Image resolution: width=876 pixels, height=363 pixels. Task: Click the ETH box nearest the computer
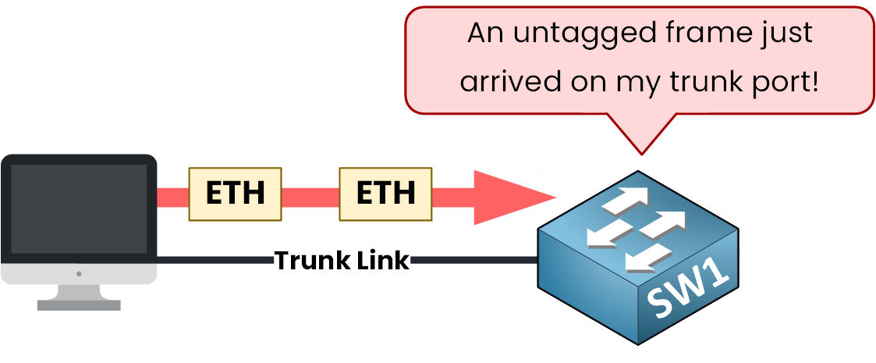(x=235, y=193)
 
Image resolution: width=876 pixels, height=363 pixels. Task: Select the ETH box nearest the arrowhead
(x=385, y=193)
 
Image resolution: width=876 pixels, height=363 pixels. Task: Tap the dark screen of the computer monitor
(x=79, y=208)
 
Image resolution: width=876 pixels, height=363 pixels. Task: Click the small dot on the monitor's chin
(x=79, y=274)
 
